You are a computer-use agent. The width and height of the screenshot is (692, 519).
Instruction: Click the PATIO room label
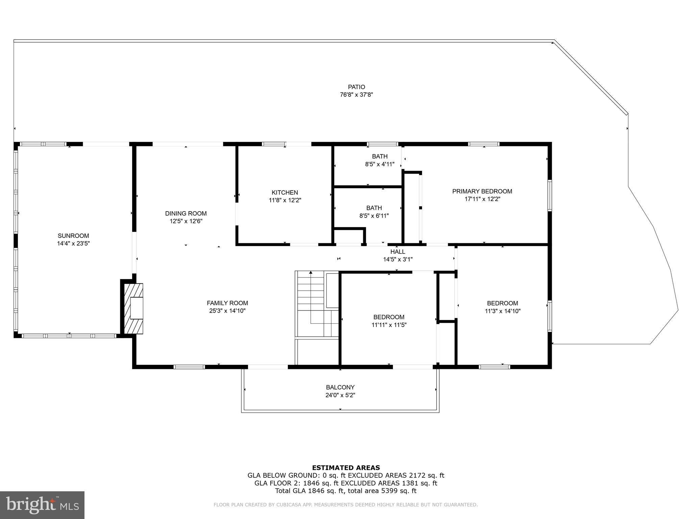[356, 87]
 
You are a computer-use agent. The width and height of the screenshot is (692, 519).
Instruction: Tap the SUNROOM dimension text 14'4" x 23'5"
[73, 243]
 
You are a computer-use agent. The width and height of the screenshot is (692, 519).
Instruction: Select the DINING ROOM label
[186, 214]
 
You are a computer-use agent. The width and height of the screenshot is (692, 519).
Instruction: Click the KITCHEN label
[285, 193]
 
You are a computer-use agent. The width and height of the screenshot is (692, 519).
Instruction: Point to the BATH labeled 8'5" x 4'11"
[380, 156]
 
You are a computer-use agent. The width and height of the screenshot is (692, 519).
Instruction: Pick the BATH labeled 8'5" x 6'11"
[374, 208]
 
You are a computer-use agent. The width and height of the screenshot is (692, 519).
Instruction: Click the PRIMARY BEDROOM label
[482, 192]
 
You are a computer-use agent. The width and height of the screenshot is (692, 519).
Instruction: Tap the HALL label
[398, 252]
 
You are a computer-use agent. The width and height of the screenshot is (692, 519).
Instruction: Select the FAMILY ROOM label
[227, 303]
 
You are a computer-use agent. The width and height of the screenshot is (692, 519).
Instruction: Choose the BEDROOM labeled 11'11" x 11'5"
[389, 317]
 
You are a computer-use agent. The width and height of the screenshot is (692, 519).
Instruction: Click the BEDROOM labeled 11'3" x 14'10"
[502, 303]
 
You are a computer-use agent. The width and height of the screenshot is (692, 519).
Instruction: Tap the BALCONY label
[340, 388]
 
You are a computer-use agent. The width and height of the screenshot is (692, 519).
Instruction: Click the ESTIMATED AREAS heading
[346, 468]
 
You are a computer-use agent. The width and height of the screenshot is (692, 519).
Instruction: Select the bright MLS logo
[42, 505]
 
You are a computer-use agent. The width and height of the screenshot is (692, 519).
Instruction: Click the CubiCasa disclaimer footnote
[345, 505]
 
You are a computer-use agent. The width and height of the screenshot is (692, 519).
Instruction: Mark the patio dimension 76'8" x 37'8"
[356, 95]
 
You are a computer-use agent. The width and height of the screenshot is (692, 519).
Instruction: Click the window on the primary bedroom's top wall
[484, 144]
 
